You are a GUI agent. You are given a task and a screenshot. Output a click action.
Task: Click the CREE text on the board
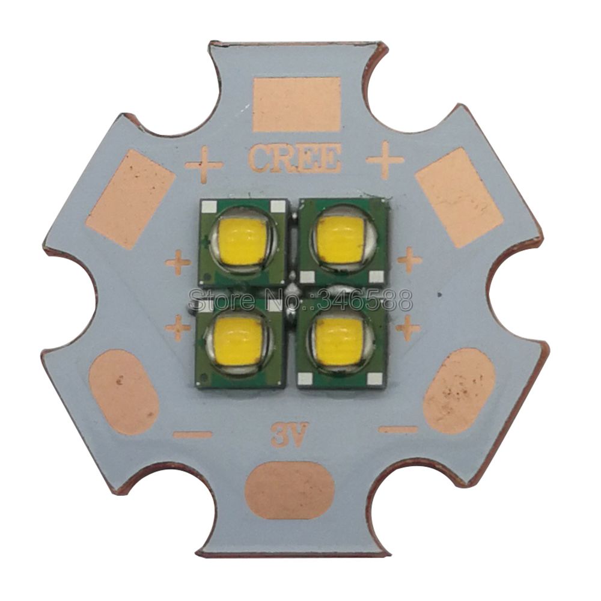(x=294, y=159)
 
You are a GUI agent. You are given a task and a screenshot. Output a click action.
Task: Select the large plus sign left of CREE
(x=204, y=163)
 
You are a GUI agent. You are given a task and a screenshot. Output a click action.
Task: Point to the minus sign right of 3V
(x=397, y=429)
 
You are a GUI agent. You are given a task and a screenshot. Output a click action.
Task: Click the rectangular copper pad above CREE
(x=296, y=104)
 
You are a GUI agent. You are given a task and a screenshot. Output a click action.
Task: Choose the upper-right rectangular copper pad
(x=459, y=197)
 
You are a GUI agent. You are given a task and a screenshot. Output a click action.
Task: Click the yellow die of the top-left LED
(x=241, y=240)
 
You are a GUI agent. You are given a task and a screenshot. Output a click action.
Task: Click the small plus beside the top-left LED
(x=178, y=263)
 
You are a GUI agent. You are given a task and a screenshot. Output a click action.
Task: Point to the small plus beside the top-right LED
(x=409, y=260)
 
